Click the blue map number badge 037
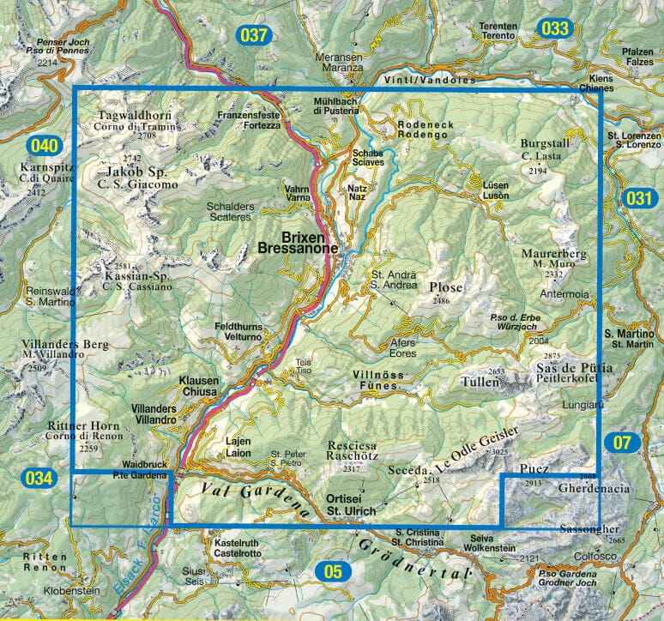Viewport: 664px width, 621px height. (x=254, y=35)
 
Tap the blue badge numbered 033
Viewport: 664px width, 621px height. (x=555, y=28)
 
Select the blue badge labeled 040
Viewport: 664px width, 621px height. (x=45, y=145)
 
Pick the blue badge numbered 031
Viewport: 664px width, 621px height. (x=639, y=197)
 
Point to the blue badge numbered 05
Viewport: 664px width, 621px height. (x=333, y=570)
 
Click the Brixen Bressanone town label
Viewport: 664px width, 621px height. (x=297, y=242)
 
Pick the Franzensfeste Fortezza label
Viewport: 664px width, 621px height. (x=249, y=120)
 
